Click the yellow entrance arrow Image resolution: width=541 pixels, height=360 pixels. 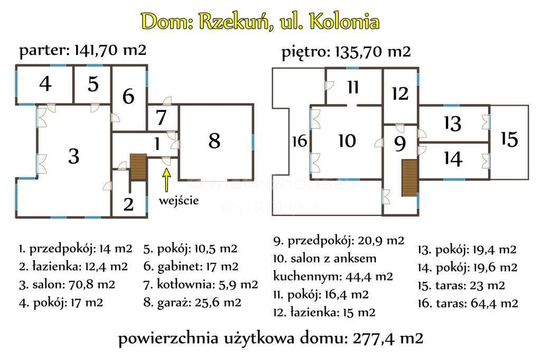tap(166, 179)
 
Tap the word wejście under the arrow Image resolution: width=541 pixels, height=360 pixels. tap(179, 201)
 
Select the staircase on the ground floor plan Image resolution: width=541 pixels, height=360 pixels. tap(138, 167)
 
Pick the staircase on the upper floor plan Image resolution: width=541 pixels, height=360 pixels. tap(409, 178)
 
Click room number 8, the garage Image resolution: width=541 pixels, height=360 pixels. tap(214, 141)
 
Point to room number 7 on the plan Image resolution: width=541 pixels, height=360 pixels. tap(161, 118)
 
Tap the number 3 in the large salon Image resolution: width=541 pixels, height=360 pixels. tap(74, 156)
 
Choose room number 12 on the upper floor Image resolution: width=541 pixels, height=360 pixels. tap(400, 93)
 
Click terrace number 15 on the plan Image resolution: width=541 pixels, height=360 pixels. tap(509, 139)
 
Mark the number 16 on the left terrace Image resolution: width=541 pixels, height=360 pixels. tap(300, 141)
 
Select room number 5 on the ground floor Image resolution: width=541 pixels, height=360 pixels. tap(93, 84)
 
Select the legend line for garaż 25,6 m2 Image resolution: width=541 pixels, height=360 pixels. tap(192, 302)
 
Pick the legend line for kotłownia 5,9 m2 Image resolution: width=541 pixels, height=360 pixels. tap(200, 285)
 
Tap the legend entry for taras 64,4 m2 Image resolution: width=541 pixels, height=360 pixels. tap(468, 304)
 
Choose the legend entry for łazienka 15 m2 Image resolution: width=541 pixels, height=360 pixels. tap(324, 312)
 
